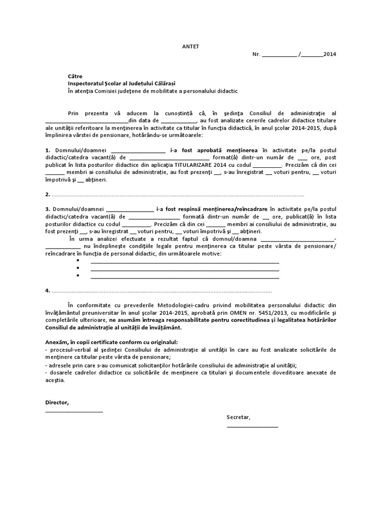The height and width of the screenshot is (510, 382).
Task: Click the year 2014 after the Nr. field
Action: [330, 54]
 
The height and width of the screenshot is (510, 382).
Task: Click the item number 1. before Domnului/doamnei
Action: [47, 149]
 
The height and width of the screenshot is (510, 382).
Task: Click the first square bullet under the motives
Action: [78, 261]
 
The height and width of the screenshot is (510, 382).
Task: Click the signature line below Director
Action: [74, 411]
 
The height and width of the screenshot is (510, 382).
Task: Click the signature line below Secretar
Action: [252, 426]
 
